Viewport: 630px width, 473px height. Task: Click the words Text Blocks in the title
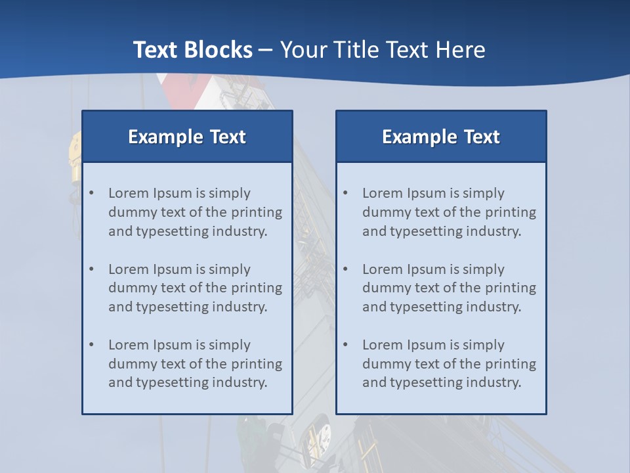pos(192,50)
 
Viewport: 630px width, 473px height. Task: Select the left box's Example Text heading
pos(187,137)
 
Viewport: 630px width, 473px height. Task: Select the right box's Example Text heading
pos(441,137)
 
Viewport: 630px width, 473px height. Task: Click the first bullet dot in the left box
pos(92,193)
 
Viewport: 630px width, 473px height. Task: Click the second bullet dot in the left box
pos(92,269)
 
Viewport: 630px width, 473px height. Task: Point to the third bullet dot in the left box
pos(92,345)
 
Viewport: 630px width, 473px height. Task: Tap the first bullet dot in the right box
pos(346,193)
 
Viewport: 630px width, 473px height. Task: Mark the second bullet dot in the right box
pos(346,269)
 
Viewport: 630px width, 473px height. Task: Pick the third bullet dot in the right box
pos(346,345)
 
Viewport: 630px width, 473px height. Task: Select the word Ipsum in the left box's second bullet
pos(173,269)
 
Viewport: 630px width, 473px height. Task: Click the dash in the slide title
pos(266,50)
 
